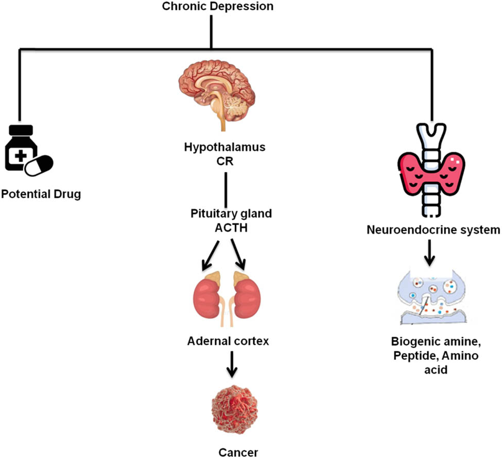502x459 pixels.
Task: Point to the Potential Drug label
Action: [41, 195]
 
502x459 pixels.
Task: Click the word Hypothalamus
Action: [225, 147]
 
